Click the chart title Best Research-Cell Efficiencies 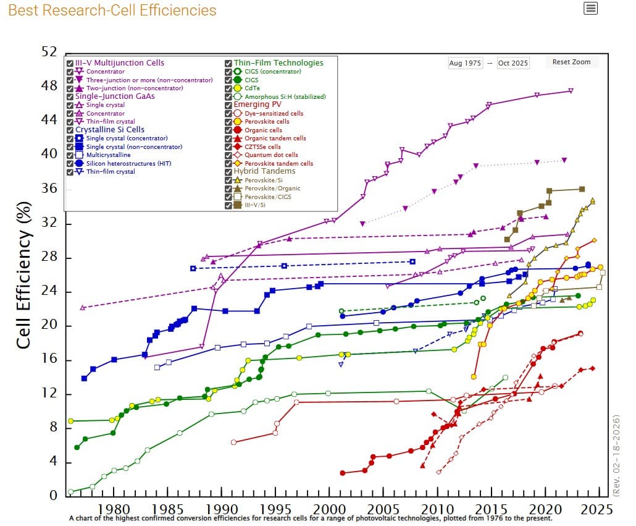click(x=112, y=11)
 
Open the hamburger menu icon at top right click(x=590, y=8)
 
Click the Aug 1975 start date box click(x=464, y=63)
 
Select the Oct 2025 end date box click(x=513, y=63)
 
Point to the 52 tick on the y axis click(x=49, y=52)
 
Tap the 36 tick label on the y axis click(x=49, y=188)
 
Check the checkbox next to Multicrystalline click(x=70, y=155)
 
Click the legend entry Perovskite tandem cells click(x=279, y=163)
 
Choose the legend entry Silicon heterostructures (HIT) click(x=128, y=163)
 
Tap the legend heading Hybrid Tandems click(x=264, y=171)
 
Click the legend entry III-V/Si click(x=255, y=205)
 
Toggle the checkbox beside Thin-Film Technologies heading click(x=228, y=63)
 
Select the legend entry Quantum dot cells click(x=271, y=155)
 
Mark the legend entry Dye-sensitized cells click(x=274, y=113)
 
